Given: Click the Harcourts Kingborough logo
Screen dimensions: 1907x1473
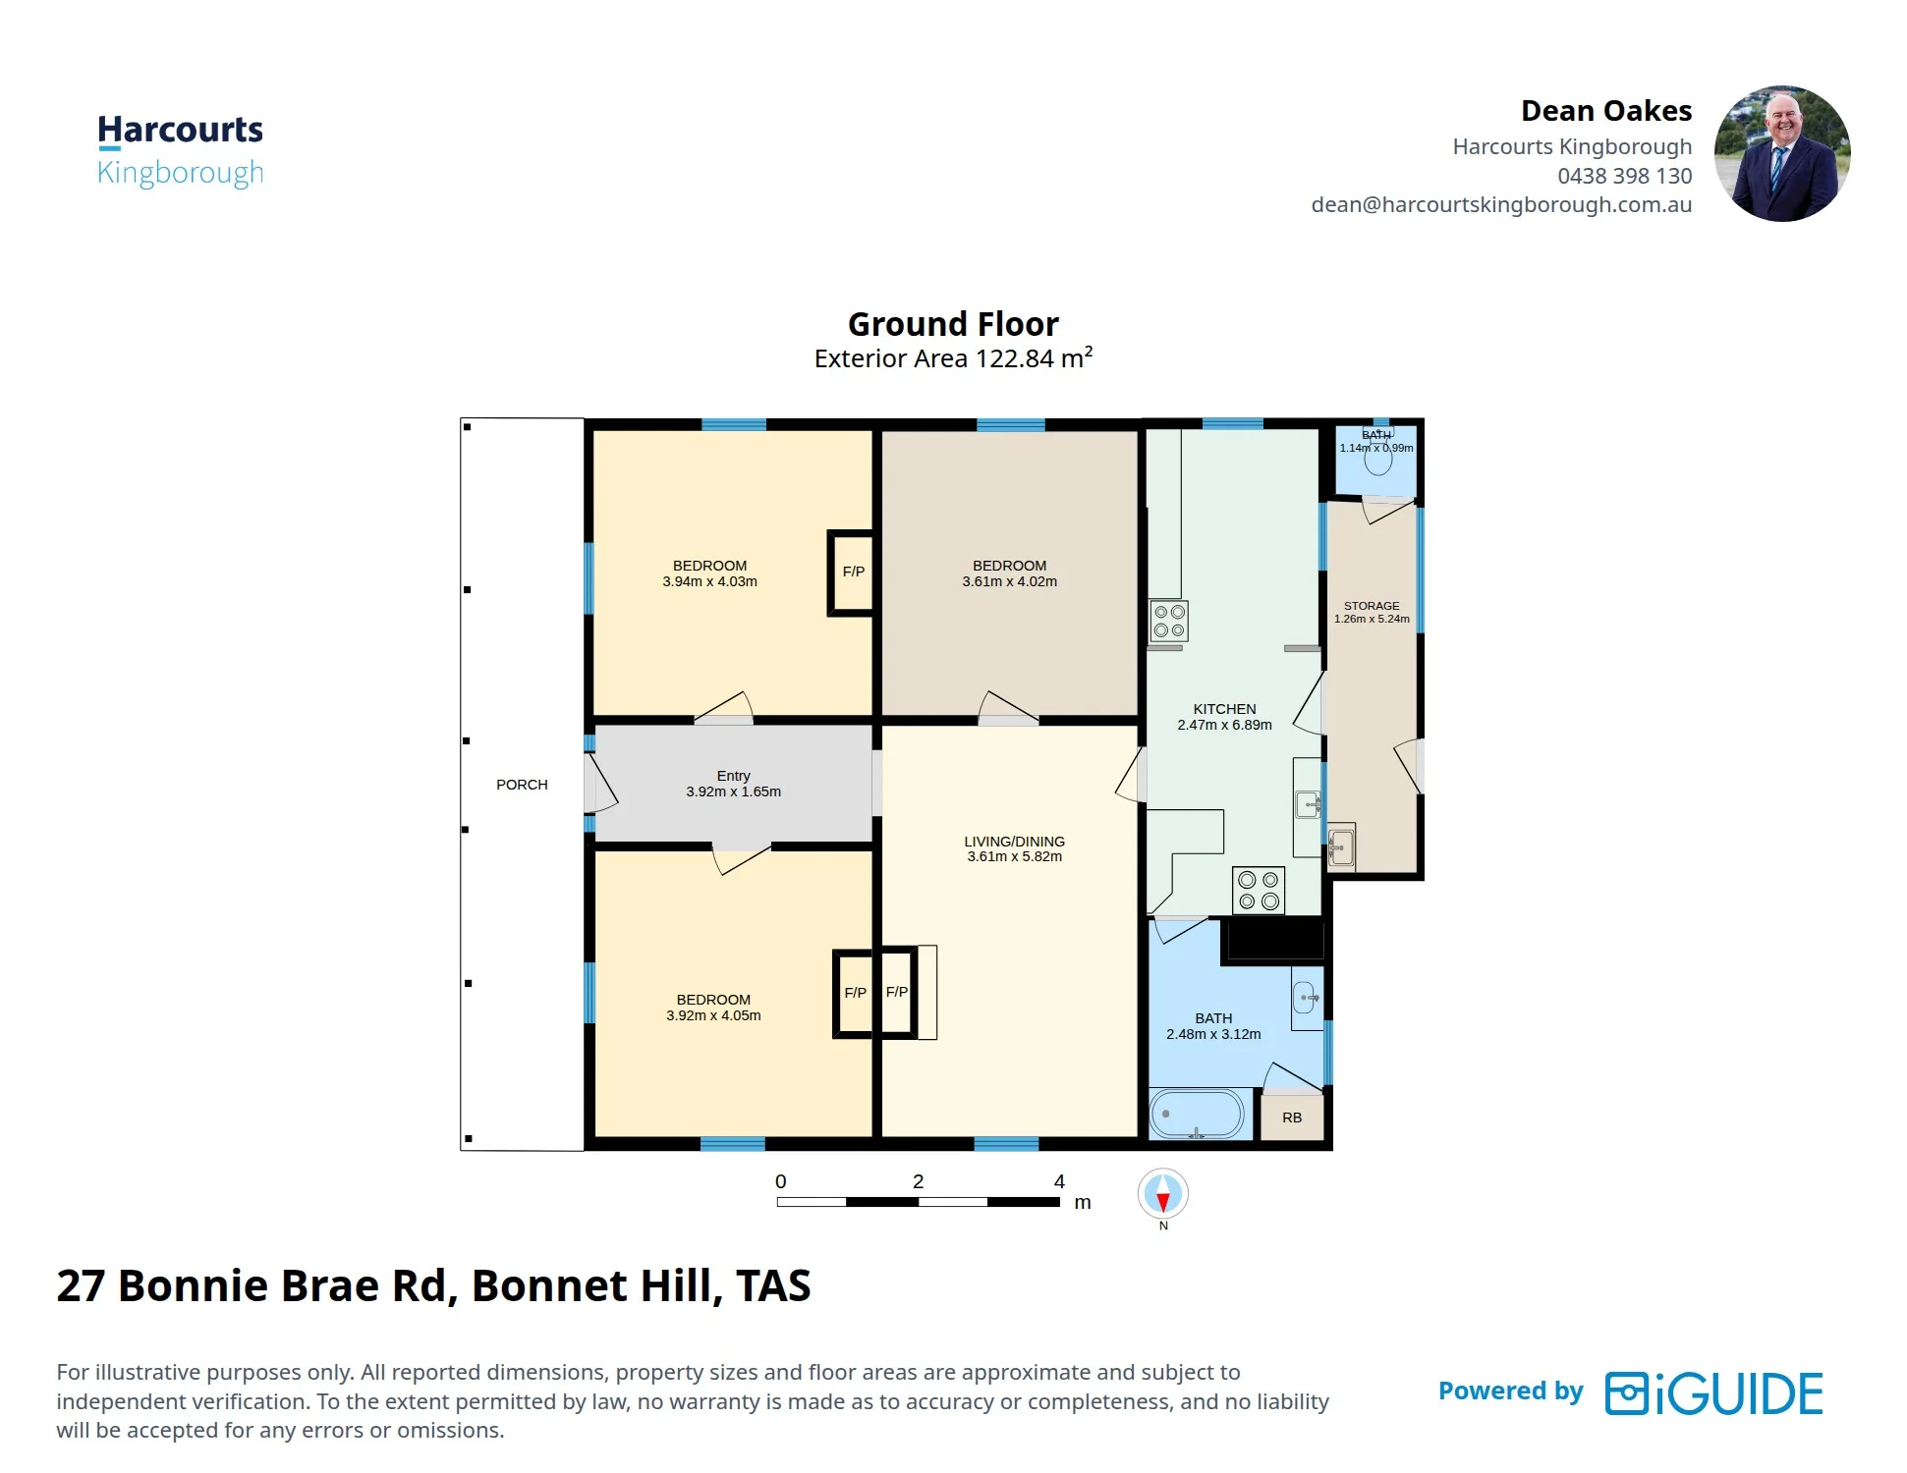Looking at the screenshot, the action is [x=181, y=150].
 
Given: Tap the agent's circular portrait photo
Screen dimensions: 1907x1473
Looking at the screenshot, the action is [x=1782, y=153].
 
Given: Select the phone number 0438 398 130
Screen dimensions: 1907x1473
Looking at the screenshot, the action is [x=1625, y=176].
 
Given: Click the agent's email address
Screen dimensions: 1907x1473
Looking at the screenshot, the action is [x=1501, y=204].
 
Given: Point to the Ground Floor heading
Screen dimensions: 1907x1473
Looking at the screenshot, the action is [x=953, y=324].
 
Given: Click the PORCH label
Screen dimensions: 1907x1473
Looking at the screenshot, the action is [x=522, y=785].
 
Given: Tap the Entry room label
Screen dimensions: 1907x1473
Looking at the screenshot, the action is [x=734, y=776].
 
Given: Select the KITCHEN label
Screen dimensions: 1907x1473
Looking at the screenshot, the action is [x=1224, y=709].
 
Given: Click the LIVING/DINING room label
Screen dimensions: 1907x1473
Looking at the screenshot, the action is [x=1015, y=842].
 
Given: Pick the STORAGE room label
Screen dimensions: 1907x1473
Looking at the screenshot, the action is [x=1372, y=606].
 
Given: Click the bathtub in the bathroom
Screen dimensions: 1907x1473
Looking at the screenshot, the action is [x=1197, y=1114].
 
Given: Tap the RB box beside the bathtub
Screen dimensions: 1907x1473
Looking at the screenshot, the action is [x=1292, y=1118].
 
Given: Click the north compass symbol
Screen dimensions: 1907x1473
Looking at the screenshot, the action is [x=1163, y=1195].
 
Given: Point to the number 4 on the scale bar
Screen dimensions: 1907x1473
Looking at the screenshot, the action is [x=1059, y=1181].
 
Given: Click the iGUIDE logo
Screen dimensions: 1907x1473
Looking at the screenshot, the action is [x=1714, y=1393].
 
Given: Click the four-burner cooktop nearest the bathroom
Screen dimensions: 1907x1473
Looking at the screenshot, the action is [x=1259, y=891].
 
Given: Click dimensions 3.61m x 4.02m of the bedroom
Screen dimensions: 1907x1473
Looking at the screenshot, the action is [x=1010, y=581].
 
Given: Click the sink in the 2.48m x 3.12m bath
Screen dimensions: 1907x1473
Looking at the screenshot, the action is [x=1307, y=998].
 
